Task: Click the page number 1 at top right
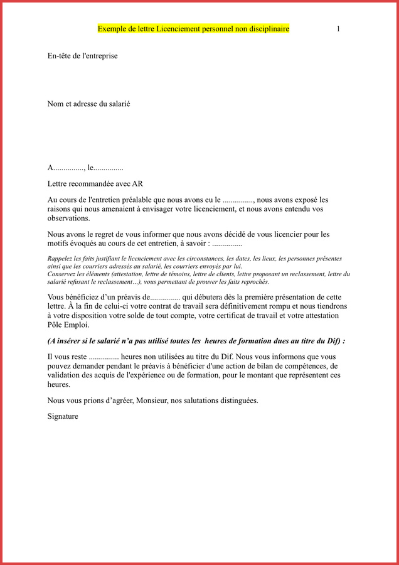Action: pos(338,29)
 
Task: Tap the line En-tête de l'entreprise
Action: pos(82,56)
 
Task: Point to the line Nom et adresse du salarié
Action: pos(88,104)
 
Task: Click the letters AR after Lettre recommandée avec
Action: pos(137,184)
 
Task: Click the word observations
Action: pos(68,218)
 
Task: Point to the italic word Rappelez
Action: pos(61,259)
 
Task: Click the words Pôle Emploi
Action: pos(68,325)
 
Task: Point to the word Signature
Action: pos(63,416)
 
